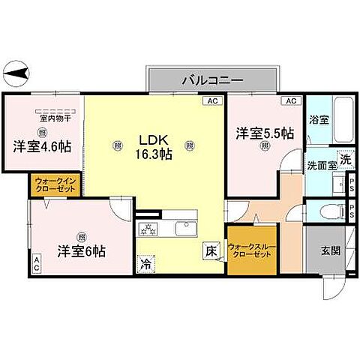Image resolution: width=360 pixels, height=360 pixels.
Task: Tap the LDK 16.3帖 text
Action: pyautogui.click(x=154, y=146)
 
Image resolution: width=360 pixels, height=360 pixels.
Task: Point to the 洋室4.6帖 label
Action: pyautogui.click(x=41, y=146)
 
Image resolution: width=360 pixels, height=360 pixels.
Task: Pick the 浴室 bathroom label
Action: pyautogui.click(x=318, y=120)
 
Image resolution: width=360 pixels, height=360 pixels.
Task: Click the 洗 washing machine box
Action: pyautogui.click(x=345, y=158)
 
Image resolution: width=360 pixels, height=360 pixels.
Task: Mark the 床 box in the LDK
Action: pyautogui.click(x=211, y=252)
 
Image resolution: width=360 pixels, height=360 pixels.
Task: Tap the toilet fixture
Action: pyautogui.click(x=325, y=210)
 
